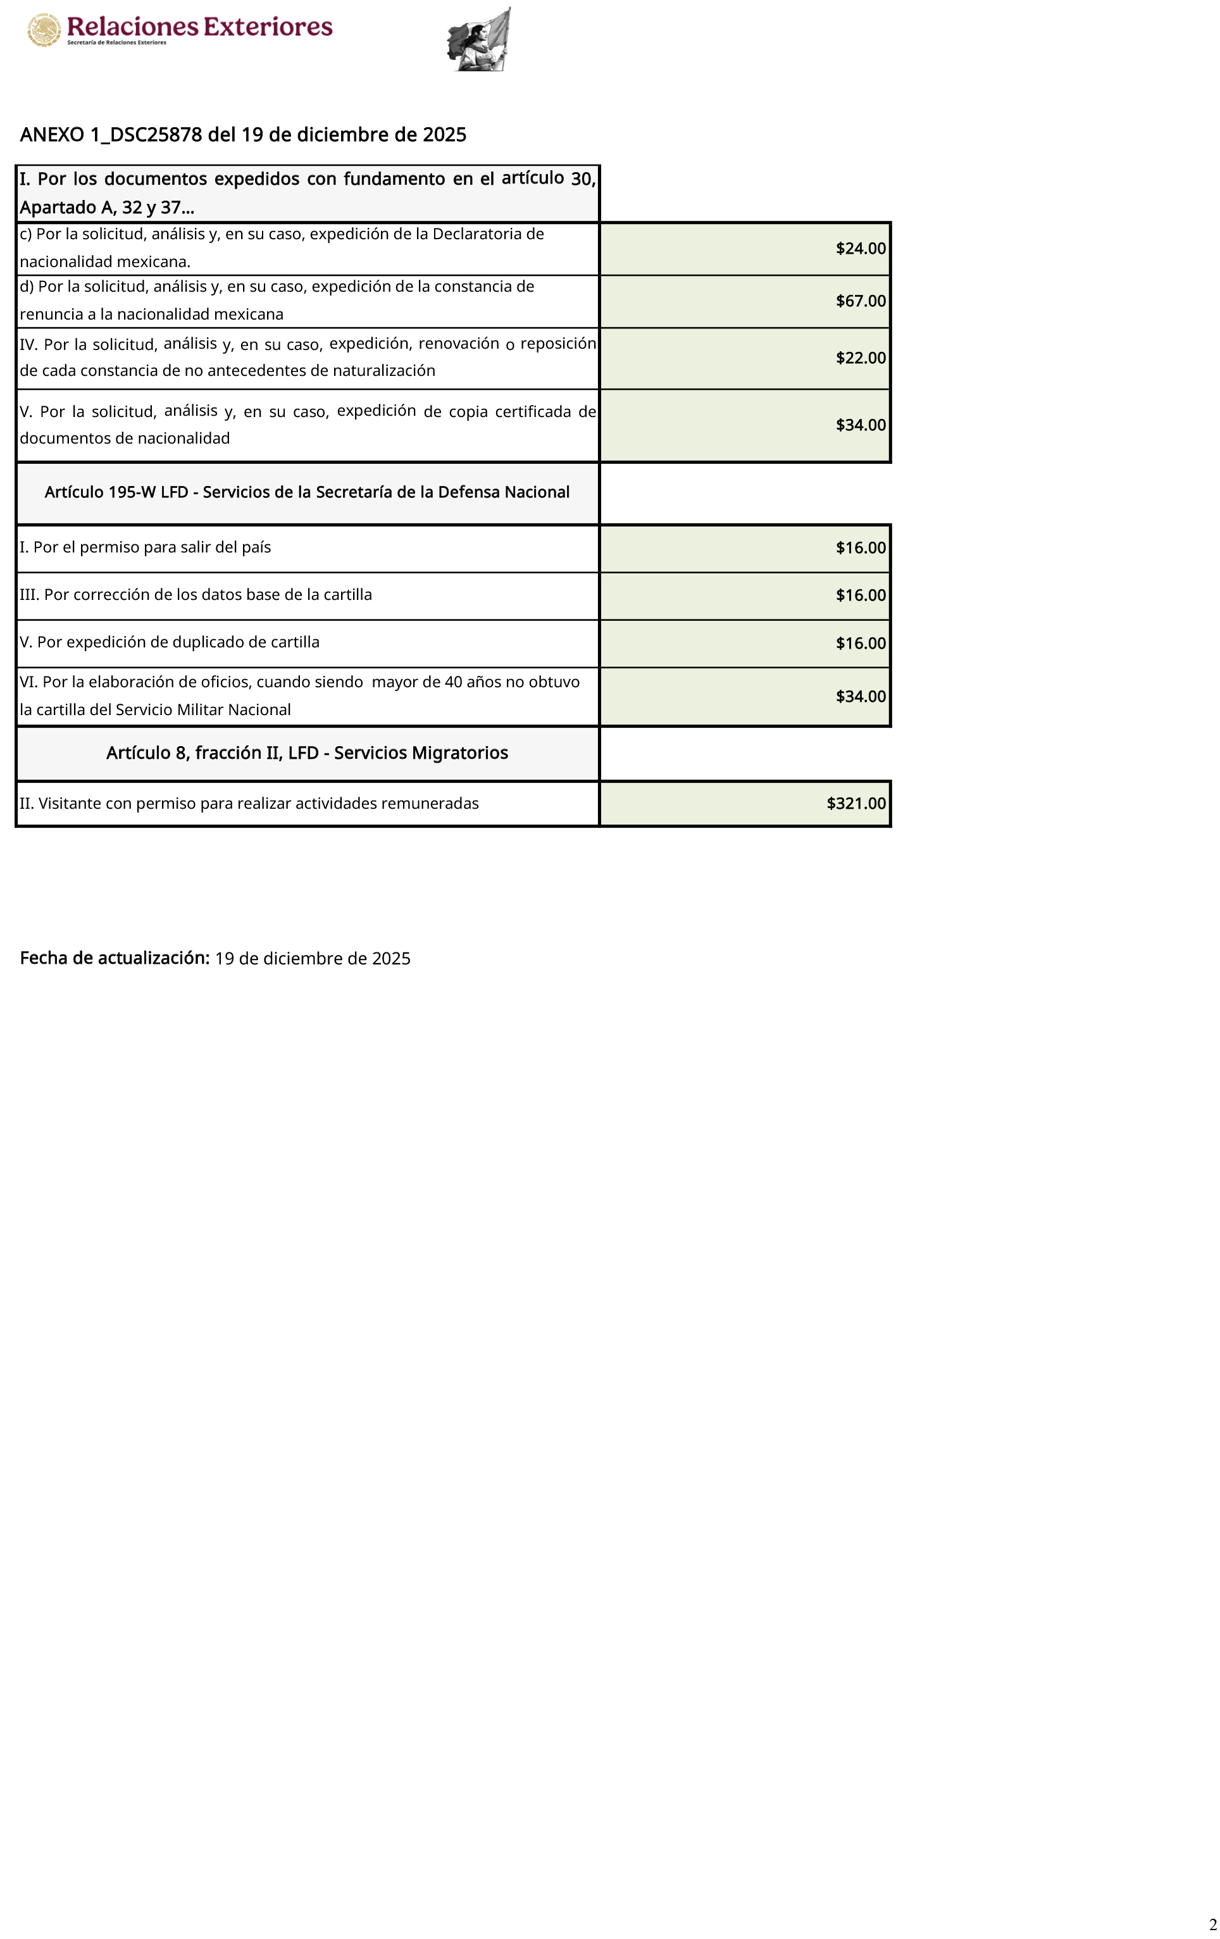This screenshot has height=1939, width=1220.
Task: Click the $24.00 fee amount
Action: click(x=860, y=249)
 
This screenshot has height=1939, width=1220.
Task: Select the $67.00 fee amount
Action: click(x=860, y=301)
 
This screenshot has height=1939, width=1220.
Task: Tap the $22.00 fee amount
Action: click(x=860, y=358)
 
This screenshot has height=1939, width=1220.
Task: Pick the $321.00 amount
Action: click(x=856, y=804)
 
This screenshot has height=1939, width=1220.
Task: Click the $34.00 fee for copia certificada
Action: click(x=860, y=425)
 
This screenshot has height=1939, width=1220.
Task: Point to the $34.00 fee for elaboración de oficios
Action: click(x=860, y=697)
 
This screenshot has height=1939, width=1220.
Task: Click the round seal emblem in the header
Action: click(x=44, y=30)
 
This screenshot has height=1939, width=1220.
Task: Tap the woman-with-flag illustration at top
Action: click(x=480, y=41)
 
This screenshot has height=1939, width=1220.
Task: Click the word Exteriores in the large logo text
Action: click(x=268, y=27)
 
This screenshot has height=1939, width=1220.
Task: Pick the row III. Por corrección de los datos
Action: click(x=196, y=595)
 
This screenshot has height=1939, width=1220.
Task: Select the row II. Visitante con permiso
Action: click(x=249, y=804)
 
